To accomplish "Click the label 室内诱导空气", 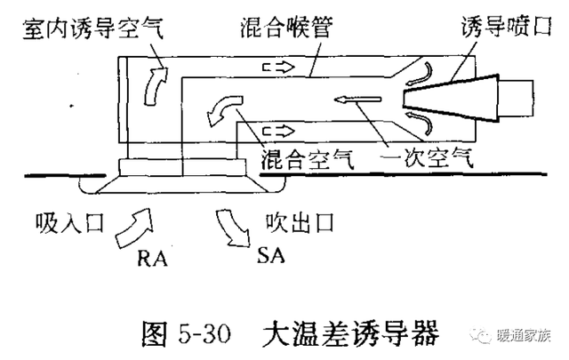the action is (x=92, y=28).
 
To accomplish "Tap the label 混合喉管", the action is (x=286, y=28).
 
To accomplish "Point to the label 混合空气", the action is (x=308, y=159).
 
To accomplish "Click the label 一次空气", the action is (x=427, y=158).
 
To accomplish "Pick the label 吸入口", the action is (x=69, y=222).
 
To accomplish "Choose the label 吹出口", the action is (x=300, y=222).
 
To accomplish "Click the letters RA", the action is (x=152, y=259).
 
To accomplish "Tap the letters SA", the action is (x=270, y=255).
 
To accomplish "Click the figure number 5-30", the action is (x=204, y=333).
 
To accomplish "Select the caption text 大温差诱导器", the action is (x=350, y=332).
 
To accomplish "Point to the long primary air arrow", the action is (x=357, y=99).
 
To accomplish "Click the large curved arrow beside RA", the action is (x=133, y=228).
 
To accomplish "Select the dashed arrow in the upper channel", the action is (x=278, y=68).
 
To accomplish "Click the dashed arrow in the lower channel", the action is (x=278, y=131).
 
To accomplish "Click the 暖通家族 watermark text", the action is (x=523, y=335).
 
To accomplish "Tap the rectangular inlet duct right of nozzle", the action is (x=516, y=99).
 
